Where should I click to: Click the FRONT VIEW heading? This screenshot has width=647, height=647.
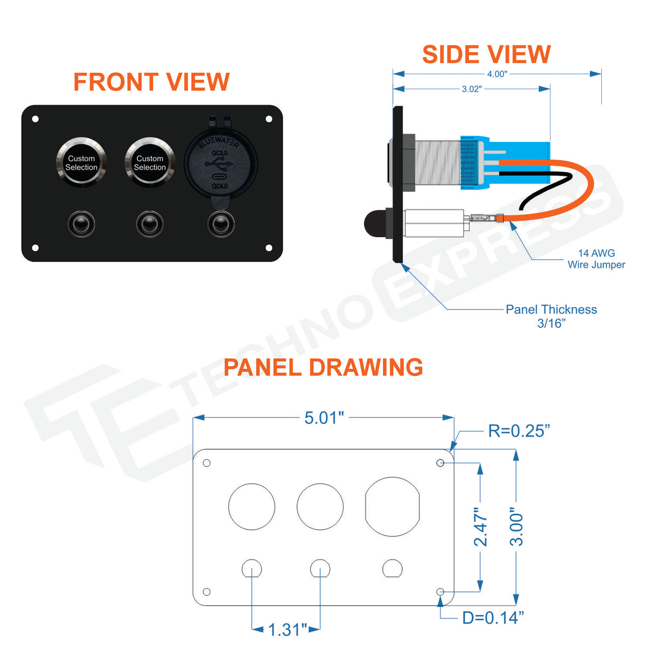tap(152, 82)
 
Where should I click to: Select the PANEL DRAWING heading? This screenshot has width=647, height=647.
tap(323, 367)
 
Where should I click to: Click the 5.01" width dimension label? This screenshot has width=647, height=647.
tap(324, 418)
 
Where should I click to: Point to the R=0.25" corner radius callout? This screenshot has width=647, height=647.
tap(519, 431)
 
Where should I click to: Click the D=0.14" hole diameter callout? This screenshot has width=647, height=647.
tap(493, 618)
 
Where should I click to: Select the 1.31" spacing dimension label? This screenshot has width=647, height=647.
tap(288, 630)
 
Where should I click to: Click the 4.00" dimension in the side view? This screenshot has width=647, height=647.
tap(497, 74)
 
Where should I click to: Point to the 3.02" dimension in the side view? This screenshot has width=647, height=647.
tap(472, 89)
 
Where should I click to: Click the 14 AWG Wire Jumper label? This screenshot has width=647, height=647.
tap(596, 259)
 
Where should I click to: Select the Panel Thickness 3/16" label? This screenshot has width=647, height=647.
tap(552, 316)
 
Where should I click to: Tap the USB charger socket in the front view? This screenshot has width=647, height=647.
tap(221, 164)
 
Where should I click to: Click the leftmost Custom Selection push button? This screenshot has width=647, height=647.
tap(81, 162)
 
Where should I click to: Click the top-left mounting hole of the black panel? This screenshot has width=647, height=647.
tap(35, 119)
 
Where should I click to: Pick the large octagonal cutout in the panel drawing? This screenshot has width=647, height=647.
tap(392, 507)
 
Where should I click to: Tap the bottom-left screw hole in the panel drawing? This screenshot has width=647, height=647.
tap(207, 592)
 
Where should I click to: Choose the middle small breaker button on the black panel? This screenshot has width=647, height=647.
tap(150, 224)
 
